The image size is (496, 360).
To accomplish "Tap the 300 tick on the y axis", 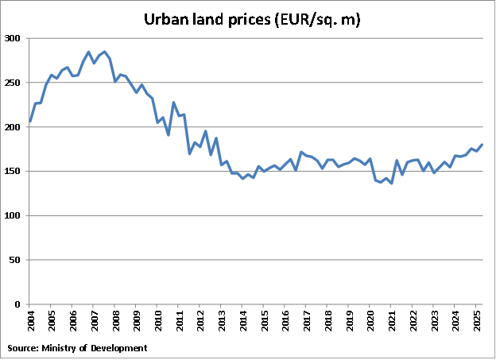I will coord(14,38).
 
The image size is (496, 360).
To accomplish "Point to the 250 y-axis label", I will coord(14,83).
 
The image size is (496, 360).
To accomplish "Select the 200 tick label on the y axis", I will coord(14,127).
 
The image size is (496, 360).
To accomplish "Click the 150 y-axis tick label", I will coord(14,172).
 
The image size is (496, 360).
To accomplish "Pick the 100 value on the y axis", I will coord(14,216).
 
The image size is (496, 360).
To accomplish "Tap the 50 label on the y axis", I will coord(17,260).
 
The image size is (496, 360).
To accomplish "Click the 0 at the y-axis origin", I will coord(19,304).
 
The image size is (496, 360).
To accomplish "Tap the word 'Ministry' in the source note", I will coord(67,348).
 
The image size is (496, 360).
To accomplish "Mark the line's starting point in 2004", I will coord(29,122).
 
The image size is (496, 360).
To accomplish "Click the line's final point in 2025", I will coord(482,145).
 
